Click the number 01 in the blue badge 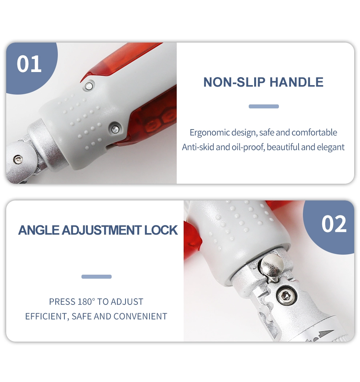point(29,64)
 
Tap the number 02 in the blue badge point(334,224)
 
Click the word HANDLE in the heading point(296,82)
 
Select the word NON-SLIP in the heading point(234,82)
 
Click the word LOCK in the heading point(161,230)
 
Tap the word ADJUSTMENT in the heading point(101,230)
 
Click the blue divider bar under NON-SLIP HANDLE point(264,106)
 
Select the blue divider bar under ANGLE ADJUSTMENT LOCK point(96,276)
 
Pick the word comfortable point(314,132)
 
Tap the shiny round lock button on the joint point(272,266)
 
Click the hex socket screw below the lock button point(287,296)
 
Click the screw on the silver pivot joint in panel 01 point(17,159)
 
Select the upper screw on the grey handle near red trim point(89,86)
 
